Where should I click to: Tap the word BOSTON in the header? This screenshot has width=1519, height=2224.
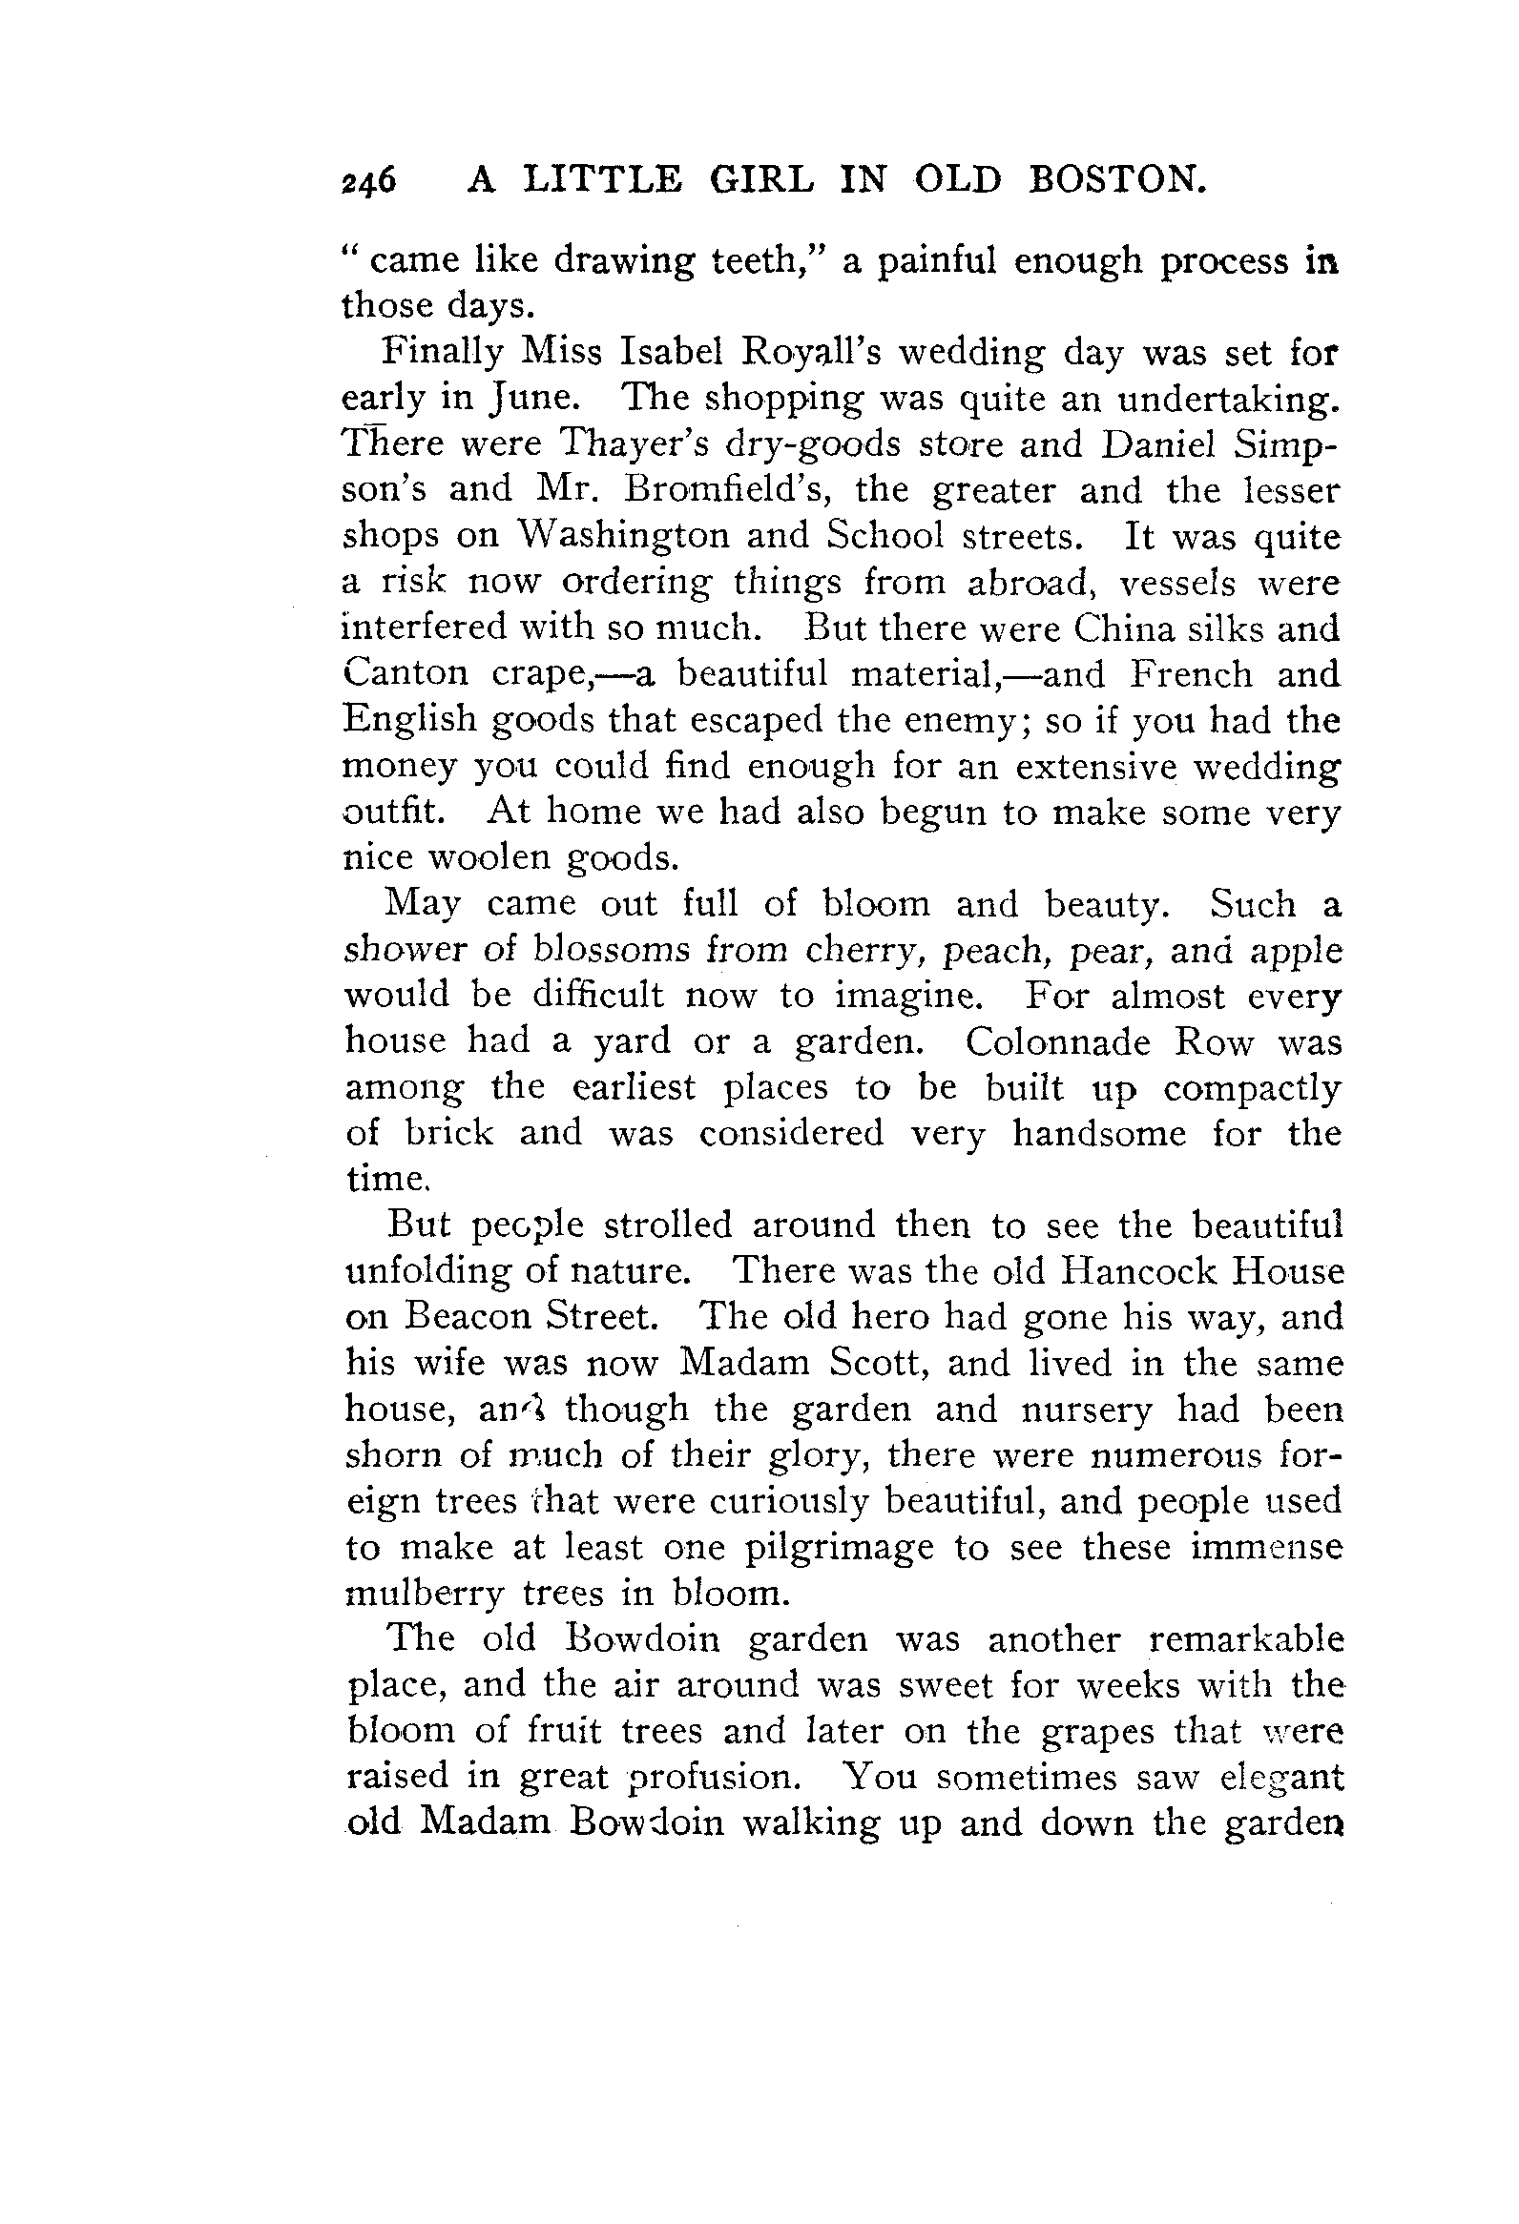click(1115, 179)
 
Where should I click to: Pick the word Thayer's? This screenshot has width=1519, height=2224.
click(634, 444)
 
